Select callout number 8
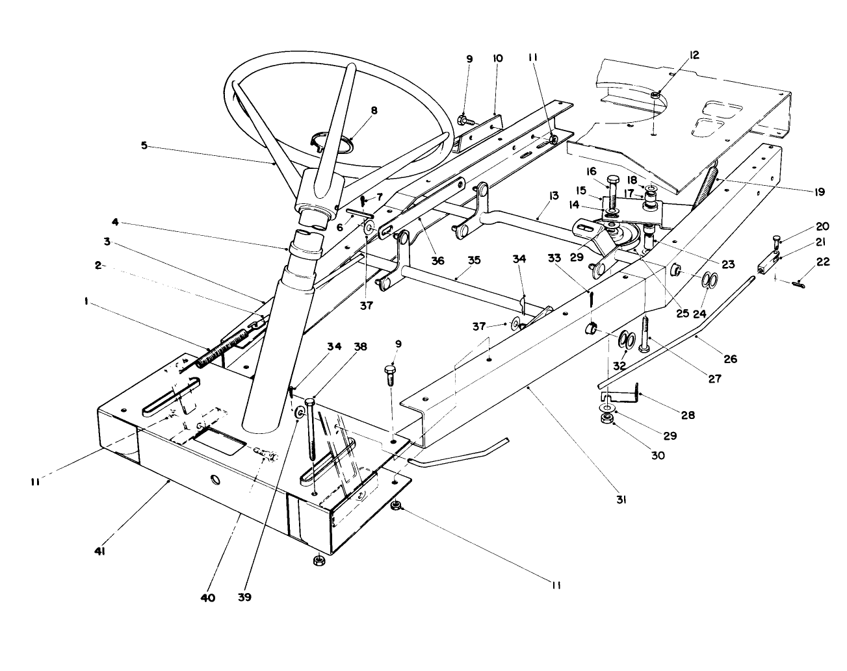pyautogui.click(x=374, y=110)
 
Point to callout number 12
pyautogui.click(x=694, y=55)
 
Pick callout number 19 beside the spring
pyautogui.click(x=818, y=192)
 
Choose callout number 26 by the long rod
pyautogui.click(x=731, y=359)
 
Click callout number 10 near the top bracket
pyautogui.click(x=497, y=58)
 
